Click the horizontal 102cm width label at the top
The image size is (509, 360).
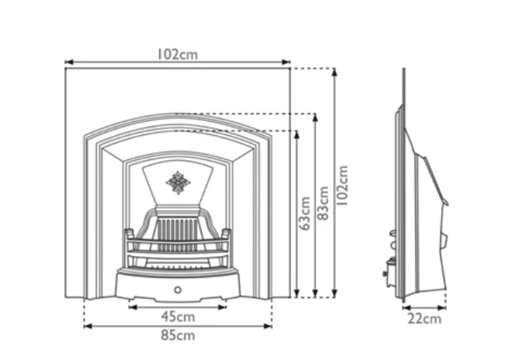[176, 54]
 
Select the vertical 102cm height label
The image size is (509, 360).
[343, 184]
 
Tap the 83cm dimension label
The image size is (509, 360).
[324, 207]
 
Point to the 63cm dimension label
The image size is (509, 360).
[306, 213]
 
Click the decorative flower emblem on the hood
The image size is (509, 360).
[178, 183]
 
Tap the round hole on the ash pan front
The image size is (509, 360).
[177, 290]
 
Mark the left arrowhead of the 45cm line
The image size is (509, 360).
[131, 308]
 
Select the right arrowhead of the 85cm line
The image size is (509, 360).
[269, 326]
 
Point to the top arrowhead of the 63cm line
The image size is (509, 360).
[297, 134]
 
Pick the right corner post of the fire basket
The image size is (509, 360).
[226, 234]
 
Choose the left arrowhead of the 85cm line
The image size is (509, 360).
[86, 326]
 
